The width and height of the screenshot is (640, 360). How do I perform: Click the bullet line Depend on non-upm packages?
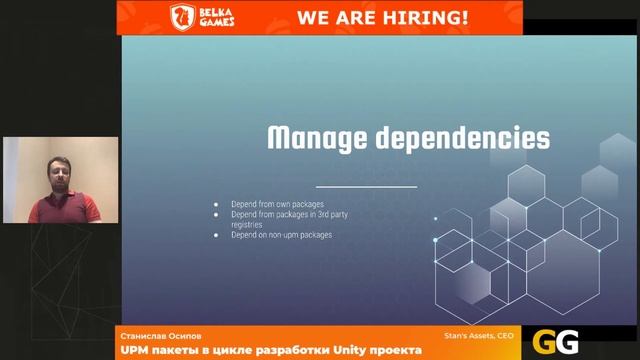pyautogui.click(x=281, y=235)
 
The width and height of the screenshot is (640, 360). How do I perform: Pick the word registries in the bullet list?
pyautogui.click(x=245, y=225)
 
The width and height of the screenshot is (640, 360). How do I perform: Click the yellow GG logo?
pyautogui.click(x=556, y=342)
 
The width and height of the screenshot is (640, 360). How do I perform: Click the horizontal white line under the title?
pyautogui.click(x=365, y=187)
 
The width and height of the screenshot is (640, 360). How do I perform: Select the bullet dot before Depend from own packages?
pyautogui.click(x=216, y=204)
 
